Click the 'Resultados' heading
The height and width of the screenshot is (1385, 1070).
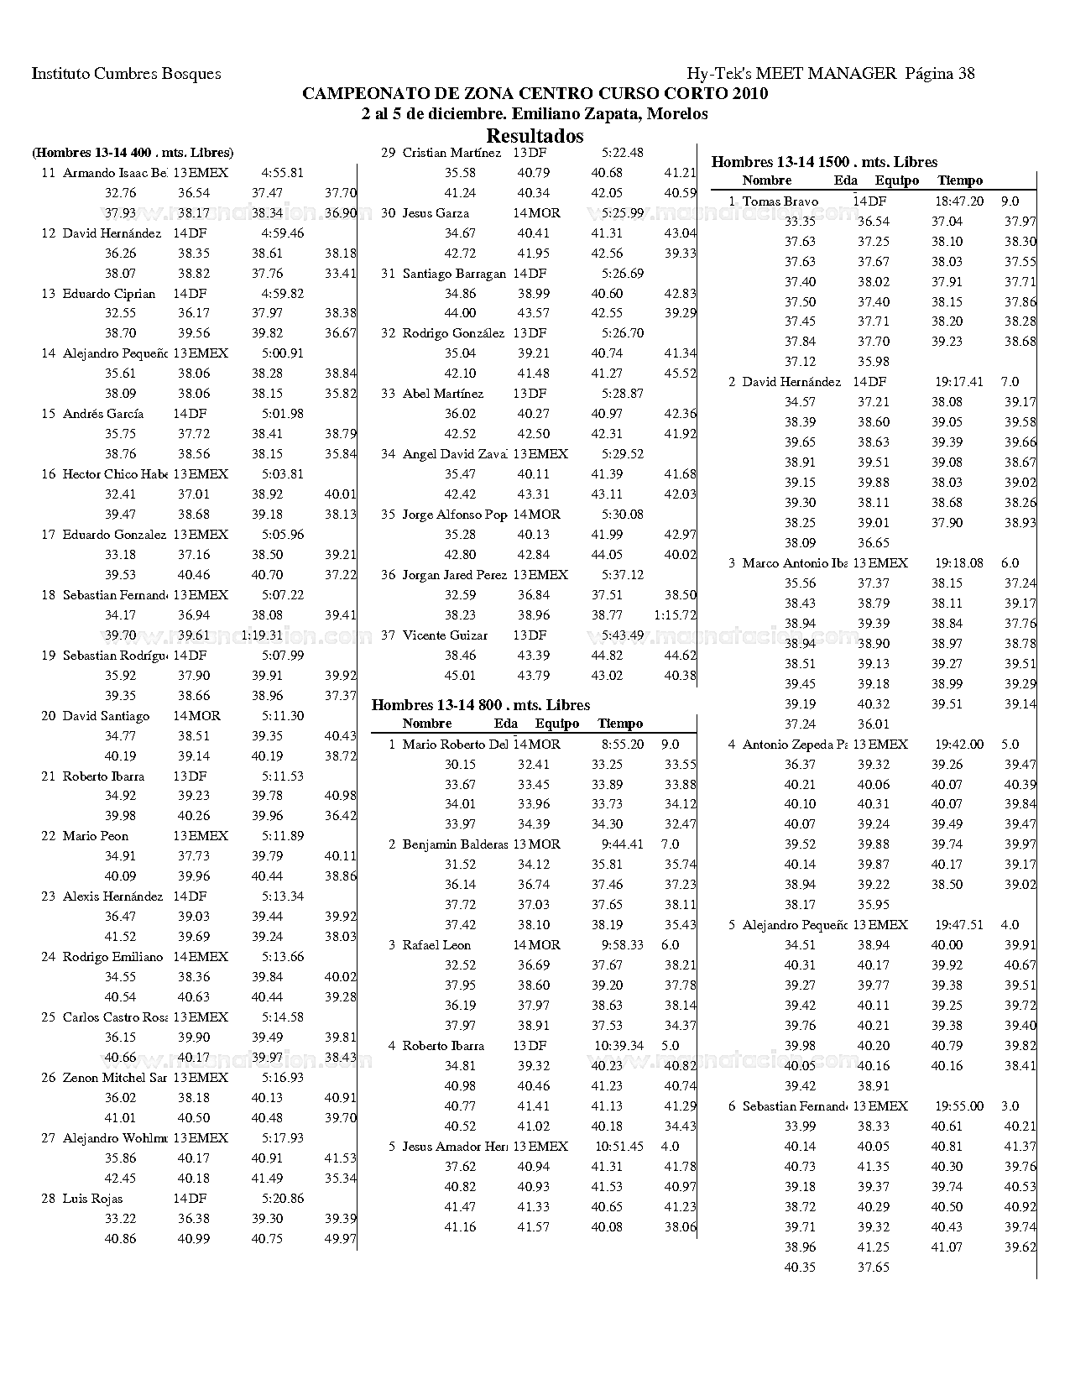pos(535,136)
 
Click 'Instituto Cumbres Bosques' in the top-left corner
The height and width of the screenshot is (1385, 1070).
pos(126,74)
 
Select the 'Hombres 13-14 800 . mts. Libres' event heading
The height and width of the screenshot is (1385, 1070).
pos(481,705)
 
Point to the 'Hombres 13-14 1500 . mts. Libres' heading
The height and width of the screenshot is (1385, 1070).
pos(824,162)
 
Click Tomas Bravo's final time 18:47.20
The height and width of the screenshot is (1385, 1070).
pos(958,201)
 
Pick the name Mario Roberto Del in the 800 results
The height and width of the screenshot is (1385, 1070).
pos(455,745)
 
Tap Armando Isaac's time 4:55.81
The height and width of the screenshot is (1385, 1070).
pos(282,174)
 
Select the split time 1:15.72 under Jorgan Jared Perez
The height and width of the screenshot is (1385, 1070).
pos(676,615)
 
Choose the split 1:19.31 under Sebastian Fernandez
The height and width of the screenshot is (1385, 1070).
pos(262,635)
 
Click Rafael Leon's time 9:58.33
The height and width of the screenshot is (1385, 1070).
pos(623,945)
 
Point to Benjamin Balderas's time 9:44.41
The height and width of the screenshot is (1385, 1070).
pos(623,844)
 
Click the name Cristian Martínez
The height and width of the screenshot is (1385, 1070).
pos(451,153)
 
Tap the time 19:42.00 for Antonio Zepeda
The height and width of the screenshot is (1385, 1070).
pos(958,745)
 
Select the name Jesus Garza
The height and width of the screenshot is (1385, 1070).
pos(436,213)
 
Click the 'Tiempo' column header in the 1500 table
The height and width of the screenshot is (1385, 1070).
pos(960,180)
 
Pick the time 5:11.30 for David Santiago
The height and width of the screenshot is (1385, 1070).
pos(282,716)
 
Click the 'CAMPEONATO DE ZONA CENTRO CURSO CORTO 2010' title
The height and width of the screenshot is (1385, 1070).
pos(535,94)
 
